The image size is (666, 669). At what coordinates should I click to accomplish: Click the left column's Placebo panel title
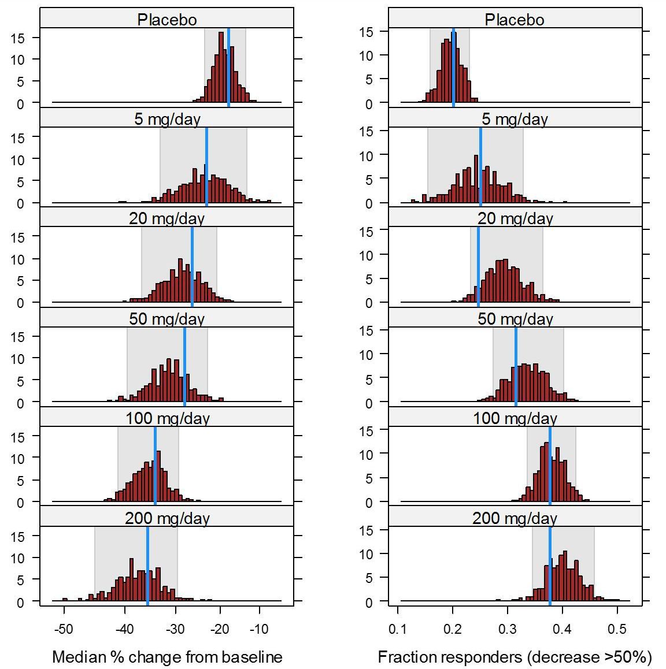click(166, 20)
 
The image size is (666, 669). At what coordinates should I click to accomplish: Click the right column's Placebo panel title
click(515, 20)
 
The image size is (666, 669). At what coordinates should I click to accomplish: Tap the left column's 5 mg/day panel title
click(166, 120)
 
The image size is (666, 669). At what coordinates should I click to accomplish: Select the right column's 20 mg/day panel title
click(515, 219)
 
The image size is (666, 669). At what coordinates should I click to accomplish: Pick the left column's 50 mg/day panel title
click(166, 319)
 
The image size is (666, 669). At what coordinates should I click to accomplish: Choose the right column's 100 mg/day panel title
click(515, 418)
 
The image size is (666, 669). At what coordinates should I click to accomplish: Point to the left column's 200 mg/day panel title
click(166, 518)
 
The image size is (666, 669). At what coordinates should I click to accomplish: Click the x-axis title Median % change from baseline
click(167, 657)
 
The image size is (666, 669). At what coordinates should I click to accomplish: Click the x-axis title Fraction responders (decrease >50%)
click(515, 657)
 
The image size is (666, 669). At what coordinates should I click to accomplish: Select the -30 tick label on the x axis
click(175, 629)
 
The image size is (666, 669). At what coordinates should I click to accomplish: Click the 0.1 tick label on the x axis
click(398, 629)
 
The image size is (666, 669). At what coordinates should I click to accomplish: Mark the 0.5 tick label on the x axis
click(617, 629)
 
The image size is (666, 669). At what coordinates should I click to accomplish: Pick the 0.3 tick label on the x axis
click(508, 629)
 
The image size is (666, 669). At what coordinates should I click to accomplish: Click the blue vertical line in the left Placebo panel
click(228, 66)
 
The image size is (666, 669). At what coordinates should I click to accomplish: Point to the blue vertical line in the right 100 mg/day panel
click(550, 465)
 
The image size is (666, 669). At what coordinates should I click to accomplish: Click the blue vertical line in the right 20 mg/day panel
click(478, 266)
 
